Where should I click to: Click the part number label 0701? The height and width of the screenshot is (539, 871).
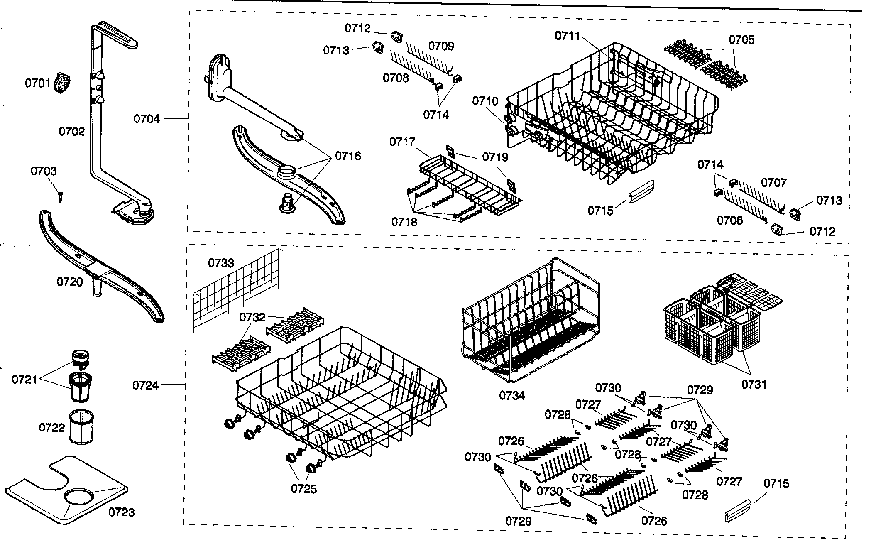(37, 83)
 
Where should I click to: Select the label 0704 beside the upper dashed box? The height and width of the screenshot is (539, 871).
(146, 119)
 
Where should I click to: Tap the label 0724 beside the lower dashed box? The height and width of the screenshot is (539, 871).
(146, 385)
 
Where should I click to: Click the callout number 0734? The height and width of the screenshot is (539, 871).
(512, 395)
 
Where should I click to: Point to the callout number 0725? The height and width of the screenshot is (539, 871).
(304, 489)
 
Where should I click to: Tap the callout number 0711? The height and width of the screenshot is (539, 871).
(568, 36)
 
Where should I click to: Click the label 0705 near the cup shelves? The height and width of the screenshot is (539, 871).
(742, 40)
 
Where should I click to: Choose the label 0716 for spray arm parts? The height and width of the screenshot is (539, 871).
(348, 156)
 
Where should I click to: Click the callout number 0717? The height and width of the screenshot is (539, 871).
(402, 142)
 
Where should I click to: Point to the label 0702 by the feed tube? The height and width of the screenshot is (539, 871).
(71, 132)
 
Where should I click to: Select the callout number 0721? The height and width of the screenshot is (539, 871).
(24, 379)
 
